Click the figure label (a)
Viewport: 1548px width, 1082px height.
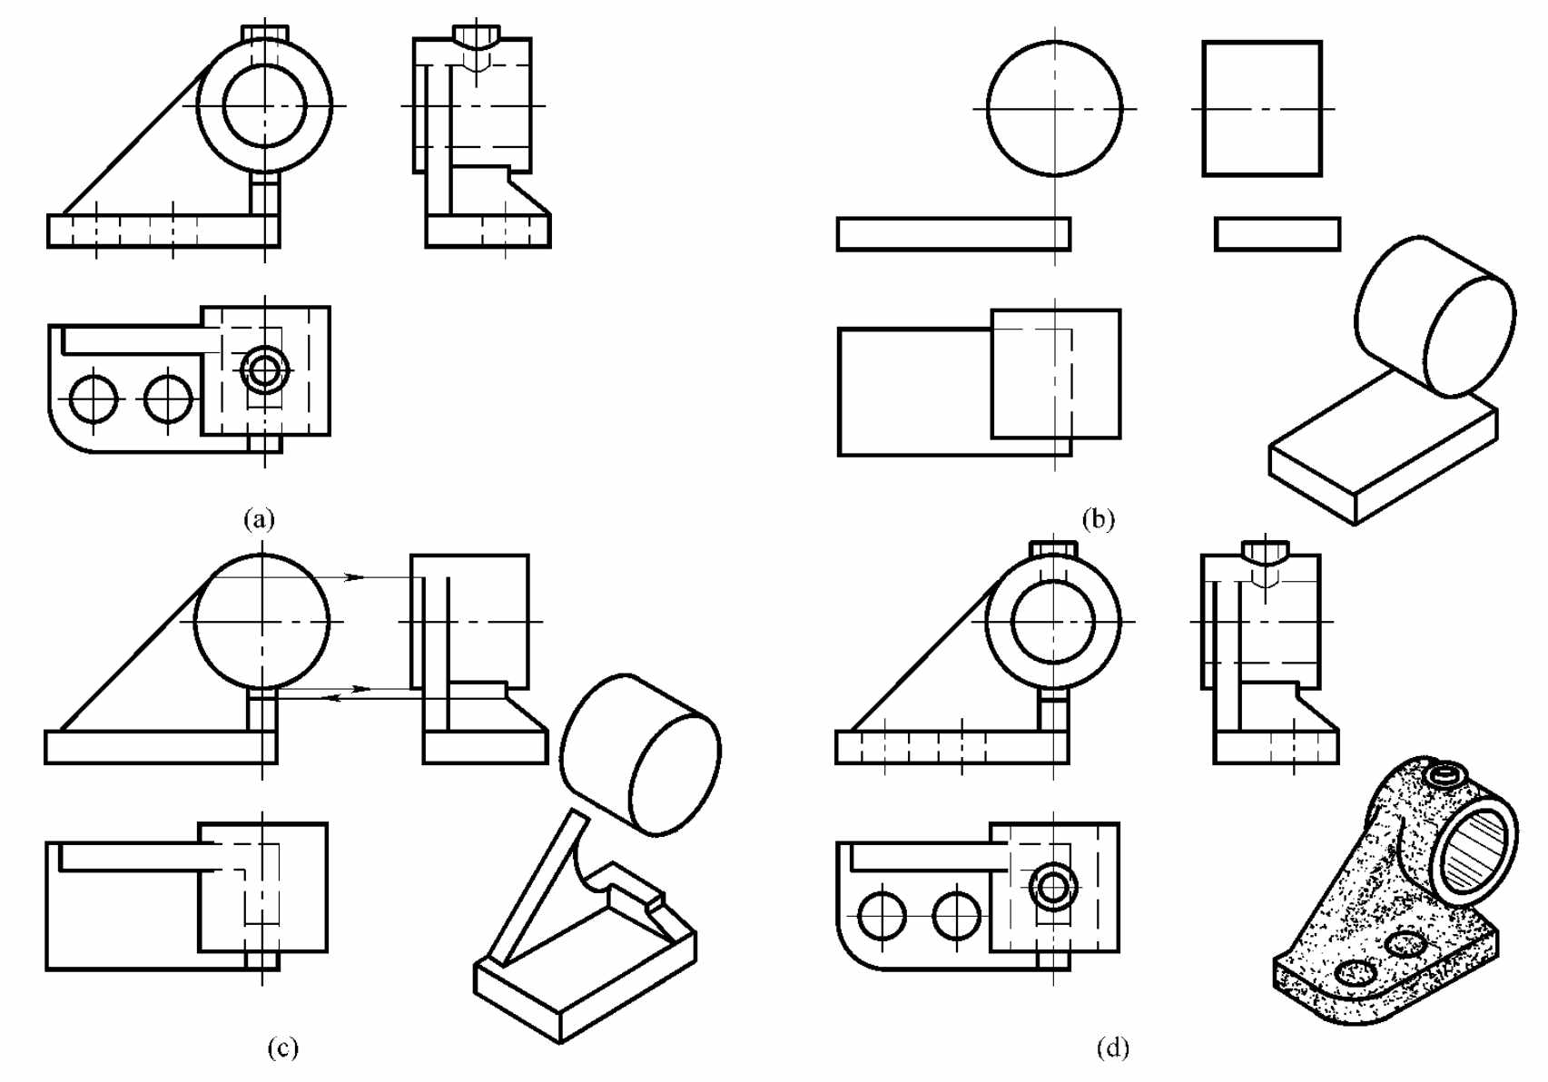259,518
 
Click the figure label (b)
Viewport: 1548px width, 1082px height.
1098,518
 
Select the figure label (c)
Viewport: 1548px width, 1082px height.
282,1048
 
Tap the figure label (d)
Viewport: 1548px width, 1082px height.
1112,1048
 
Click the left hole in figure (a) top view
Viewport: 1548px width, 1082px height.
94,399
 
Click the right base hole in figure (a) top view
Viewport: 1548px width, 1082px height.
168,399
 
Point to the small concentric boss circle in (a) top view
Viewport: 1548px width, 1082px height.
264,369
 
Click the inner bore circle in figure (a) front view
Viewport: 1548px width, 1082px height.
265,105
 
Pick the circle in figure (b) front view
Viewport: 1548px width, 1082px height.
1055,109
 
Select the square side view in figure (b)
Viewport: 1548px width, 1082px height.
1262,109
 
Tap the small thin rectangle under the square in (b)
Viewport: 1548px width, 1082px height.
1277,233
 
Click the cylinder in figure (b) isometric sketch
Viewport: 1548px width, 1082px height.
1435,317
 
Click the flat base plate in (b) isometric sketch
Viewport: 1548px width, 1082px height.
1384,449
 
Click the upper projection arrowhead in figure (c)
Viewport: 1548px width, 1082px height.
354,576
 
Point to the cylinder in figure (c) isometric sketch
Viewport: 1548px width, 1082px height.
640,754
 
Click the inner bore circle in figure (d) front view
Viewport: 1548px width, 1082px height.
1053,621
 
